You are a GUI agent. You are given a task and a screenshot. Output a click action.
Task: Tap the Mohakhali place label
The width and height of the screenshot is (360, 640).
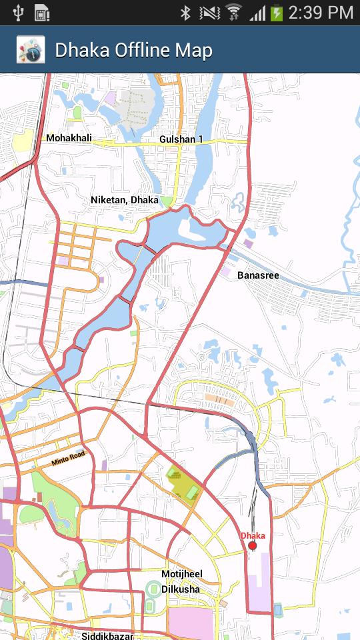point(69,138)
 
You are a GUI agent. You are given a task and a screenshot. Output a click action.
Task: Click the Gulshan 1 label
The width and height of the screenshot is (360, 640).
point(181,139)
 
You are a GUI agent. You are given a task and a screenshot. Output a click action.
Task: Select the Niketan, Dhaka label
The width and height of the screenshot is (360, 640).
point(124,199)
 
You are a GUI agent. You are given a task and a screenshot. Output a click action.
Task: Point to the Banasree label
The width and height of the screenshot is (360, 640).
point(258,275)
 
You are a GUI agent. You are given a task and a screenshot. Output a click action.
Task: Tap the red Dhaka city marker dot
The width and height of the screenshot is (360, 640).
point(253,546)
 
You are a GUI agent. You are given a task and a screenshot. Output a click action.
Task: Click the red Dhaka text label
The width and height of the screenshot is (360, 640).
point(253,535)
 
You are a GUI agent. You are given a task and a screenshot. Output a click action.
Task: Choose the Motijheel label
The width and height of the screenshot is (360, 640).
point(181,574)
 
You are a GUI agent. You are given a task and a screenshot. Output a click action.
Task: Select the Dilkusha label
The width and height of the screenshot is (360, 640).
point(180,589)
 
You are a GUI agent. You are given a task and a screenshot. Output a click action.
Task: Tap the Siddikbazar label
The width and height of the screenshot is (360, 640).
point(107,635)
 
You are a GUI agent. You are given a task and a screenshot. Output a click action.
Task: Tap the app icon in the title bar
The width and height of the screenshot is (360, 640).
point(30,50)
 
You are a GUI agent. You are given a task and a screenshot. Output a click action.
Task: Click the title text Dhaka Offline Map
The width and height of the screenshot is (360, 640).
point(133,50)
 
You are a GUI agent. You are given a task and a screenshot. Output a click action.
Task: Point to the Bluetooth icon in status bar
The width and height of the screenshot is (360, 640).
point(186,12)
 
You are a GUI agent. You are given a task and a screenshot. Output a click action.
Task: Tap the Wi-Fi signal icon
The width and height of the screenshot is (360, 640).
point(233,12)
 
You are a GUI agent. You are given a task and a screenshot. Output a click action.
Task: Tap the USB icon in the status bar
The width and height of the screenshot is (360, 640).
point(18,12)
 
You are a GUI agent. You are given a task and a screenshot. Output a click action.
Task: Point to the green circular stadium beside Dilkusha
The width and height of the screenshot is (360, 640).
point(153,589)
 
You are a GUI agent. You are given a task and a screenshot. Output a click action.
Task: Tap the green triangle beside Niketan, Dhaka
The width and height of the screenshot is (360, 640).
point(167,201)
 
